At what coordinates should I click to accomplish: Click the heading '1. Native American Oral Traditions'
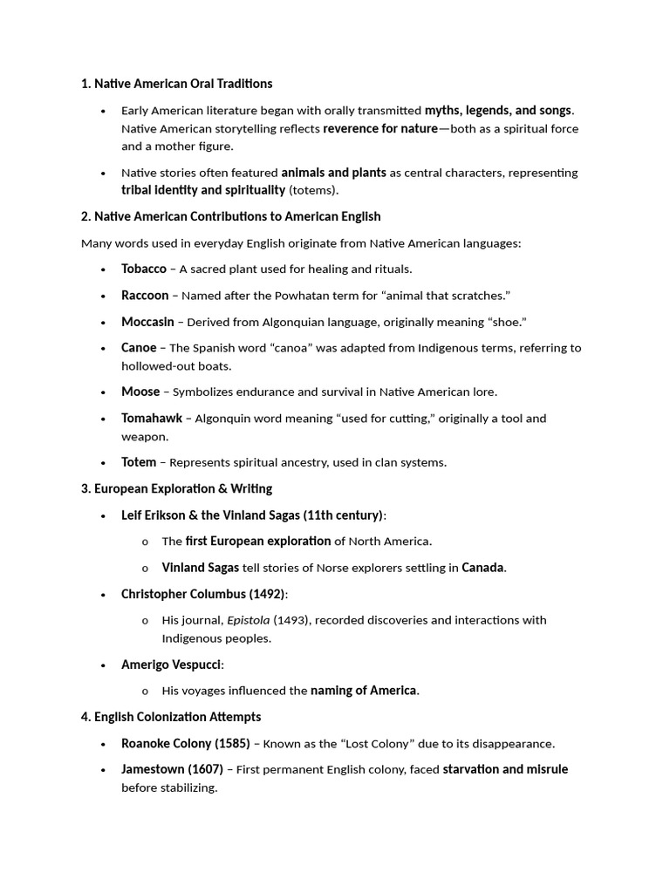[176, 84]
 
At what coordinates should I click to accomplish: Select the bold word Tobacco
[144, 269]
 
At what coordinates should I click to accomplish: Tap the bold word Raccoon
[145, 296]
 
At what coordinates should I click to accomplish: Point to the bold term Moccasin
[147, 322]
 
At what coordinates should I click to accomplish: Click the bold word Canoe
[139, 348]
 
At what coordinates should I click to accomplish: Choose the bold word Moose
[140, 392]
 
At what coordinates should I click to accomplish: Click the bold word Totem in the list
[139, 462]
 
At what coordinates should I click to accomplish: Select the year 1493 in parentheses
[289, 620]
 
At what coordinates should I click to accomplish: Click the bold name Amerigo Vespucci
[172, 665]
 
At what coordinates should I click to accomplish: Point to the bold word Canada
[482, 568]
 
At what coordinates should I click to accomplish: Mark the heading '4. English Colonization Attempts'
[171, 717]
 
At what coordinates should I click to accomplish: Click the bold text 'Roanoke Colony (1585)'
[179, 744]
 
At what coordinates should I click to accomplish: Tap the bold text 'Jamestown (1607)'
[172, 769]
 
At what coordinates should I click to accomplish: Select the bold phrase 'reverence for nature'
[380, 129]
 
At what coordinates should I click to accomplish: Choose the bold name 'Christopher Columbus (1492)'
[203, 594]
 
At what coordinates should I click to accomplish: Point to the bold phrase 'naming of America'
[363, 691]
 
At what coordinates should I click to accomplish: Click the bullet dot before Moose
[104, 392]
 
